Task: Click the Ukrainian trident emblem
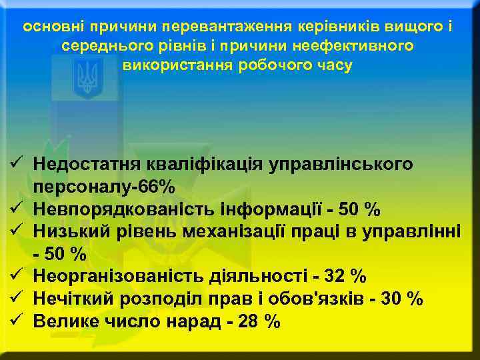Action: click(87, 77)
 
